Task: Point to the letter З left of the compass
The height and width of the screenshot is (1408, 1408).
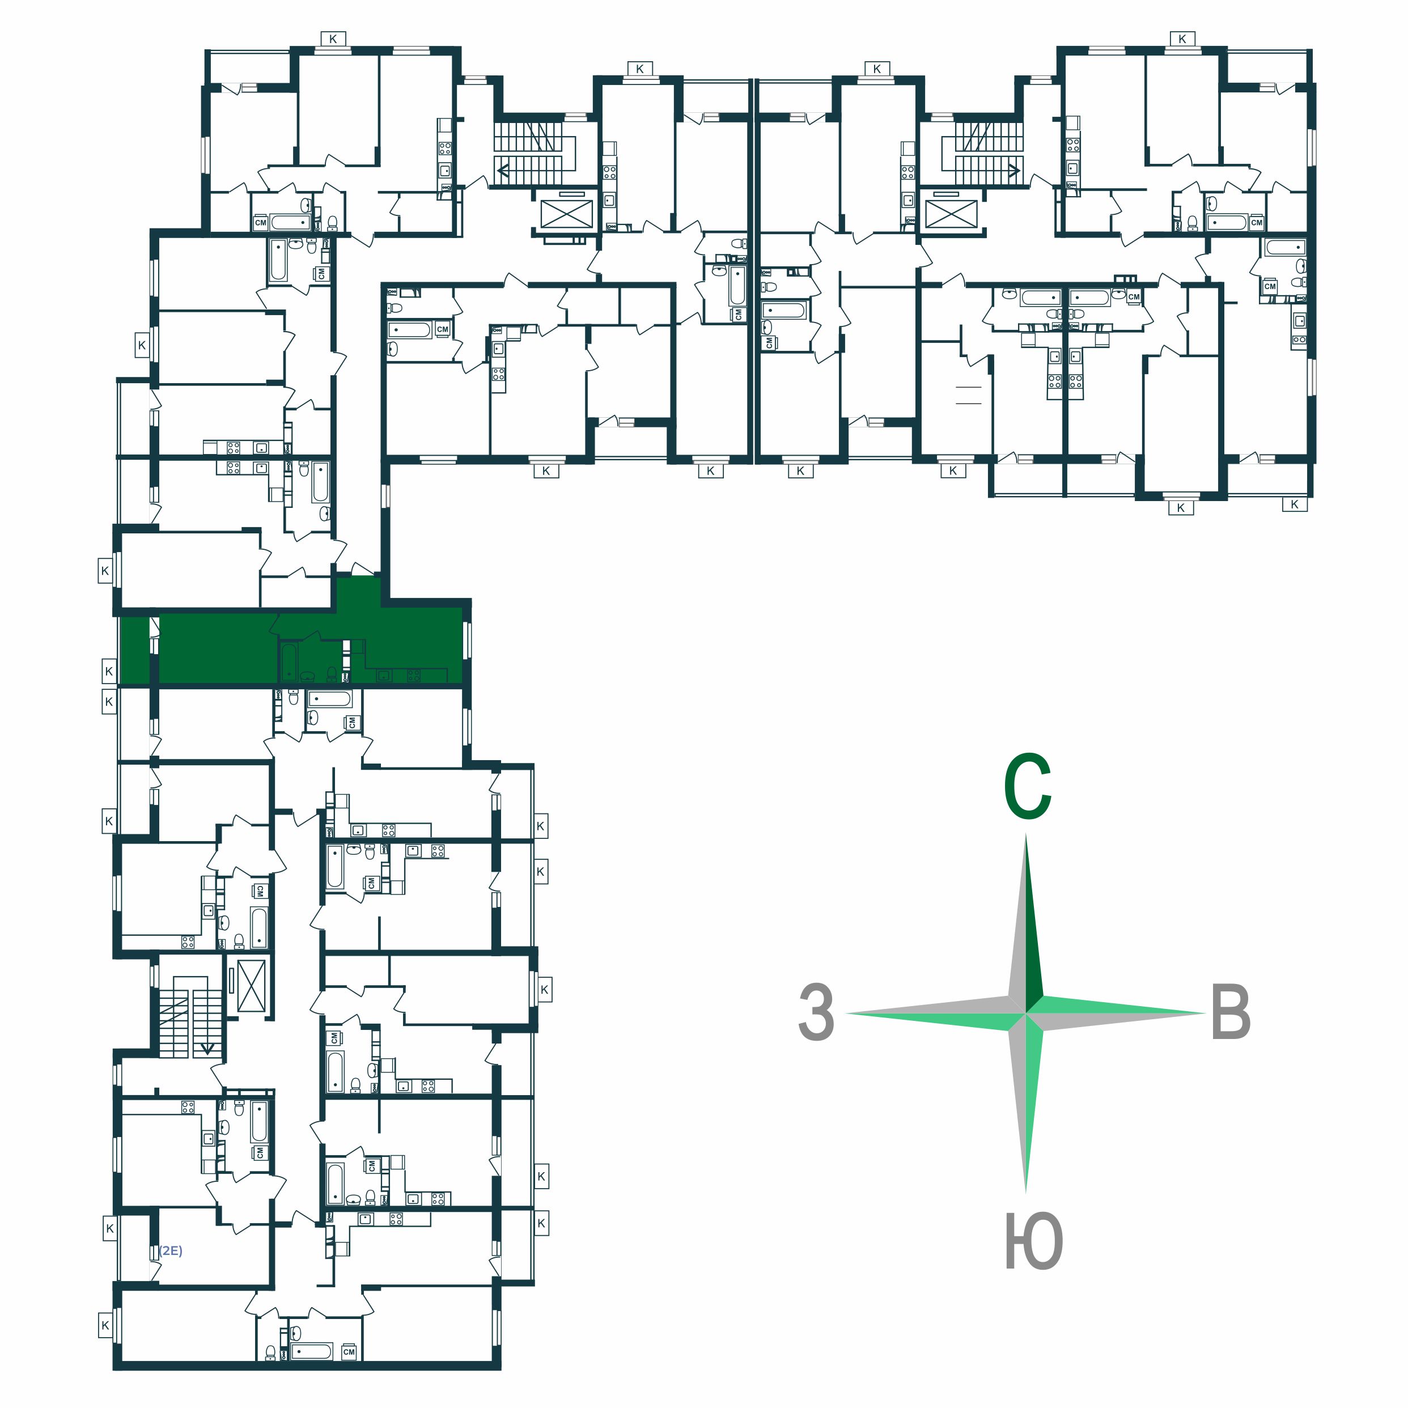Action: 816,1012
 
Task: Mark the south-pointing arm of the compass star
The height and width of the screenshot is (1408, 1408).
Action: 1026,1104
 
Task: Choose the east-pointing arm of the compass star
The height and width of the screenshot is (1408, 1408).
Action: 1116,1013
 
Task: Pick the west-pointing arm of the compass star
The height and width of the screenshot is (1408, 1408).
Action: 936,1013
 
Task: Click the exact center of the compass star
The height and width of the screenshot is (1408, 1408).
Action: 1026,1013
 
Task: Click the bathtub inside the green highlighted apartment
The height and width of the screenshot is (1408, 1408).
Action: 289,661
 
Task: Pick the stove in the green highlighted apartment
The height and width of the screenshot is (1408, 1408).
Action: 413,676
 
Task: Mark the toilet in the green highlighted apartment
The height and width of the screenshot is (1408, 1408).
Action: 332,673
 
